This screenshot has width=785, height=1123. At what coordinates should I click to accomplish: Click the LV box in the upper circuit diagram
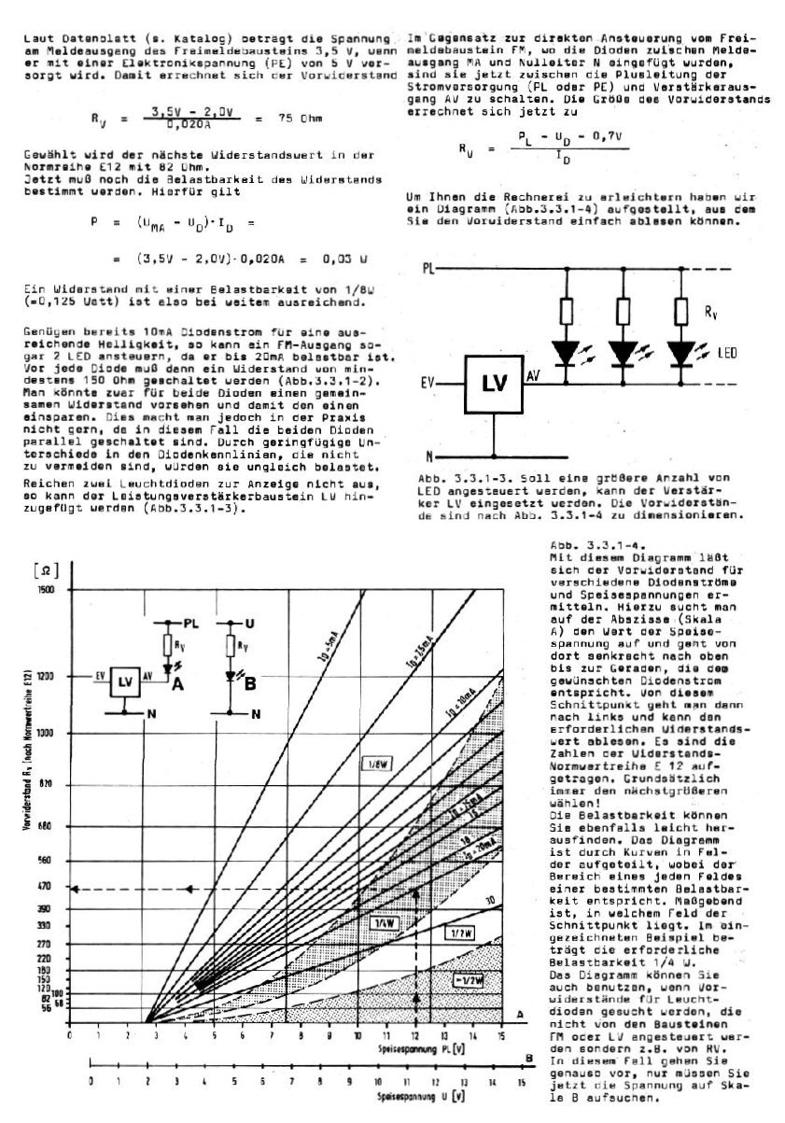492,384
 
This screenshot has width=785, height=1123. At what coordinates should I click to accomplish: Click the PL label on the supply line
428,269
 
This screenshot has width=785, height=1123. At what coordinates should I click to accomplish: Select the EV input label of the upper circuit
429,382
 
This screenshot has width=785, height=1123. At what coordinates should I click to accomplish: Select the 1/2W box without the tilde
459,932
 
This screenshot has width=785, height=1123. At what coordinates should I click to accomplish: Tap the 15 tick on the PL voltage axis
502,1036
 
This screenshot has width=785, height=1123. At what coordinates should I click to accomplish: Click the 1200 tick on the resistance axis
46,675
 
